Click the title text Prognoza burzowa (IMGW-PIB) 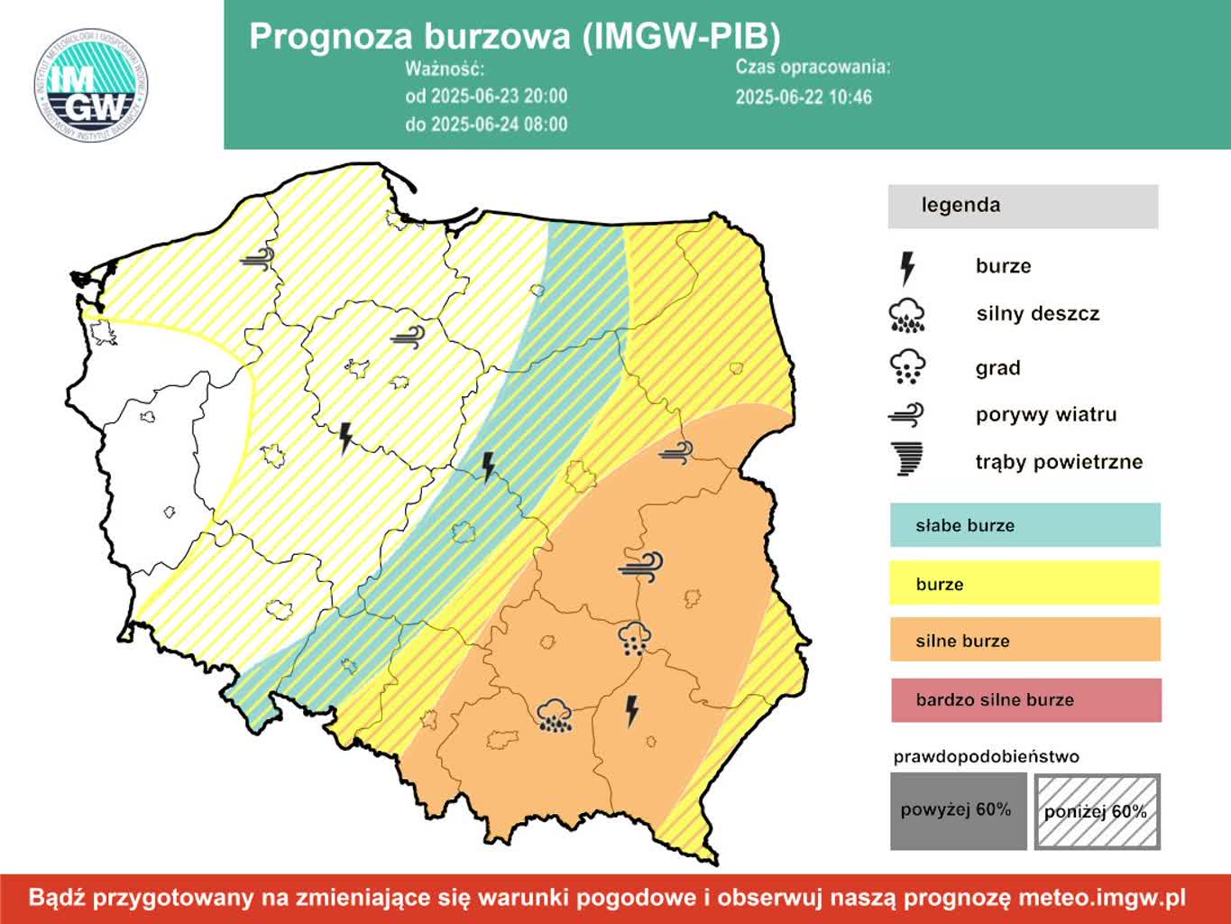tap(514, 36)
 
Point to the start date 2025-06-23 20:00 tap(486, 97)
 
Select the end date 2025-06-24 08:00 tap(486, 125)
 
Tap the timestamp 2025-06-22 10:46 tap(804, 97)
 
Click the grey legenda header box tap(1023, 206)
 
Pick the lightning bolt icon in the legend tap(907, 268)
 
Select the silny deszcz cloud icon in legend tap(907, 315)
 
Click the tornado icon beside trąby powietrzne tap(907, 459)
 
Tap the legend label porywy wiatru tap(1045, 415)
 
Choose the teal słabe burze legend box tap(1024, 525)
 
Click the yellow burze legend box tap(1024, 584)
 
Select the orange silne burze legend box tap(1024, 641)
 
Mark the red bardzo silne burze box tap(1025, 700)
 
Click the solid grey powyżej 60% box tap(958, 811)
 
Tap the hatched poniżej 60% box tap(1097, 811)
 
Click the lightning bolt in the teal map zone tap(489, 467)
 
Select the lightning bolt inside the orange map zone tap(632, 710)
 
